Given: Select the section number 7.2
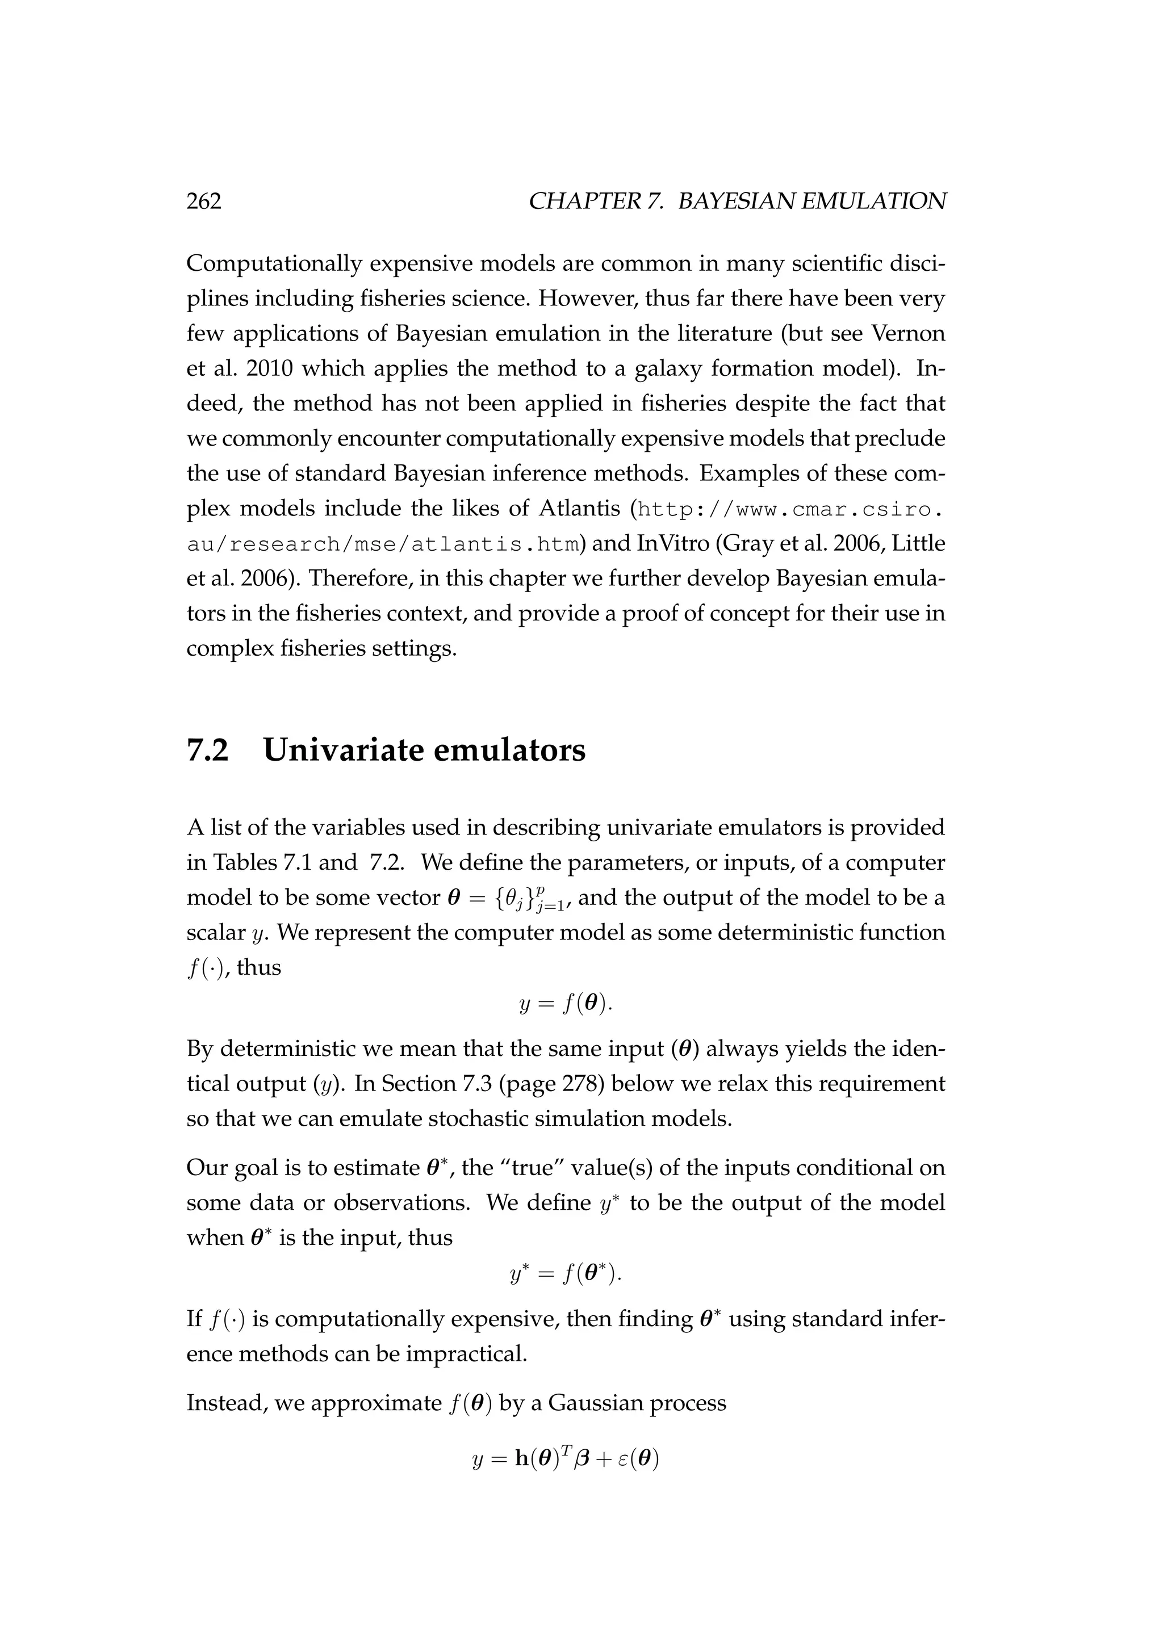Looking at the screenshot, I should click(208, 750).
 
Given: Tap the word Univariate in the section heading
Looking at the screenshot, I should click(342, 750).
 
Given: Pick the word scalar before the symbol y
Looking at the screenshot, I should click(216, 933).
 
